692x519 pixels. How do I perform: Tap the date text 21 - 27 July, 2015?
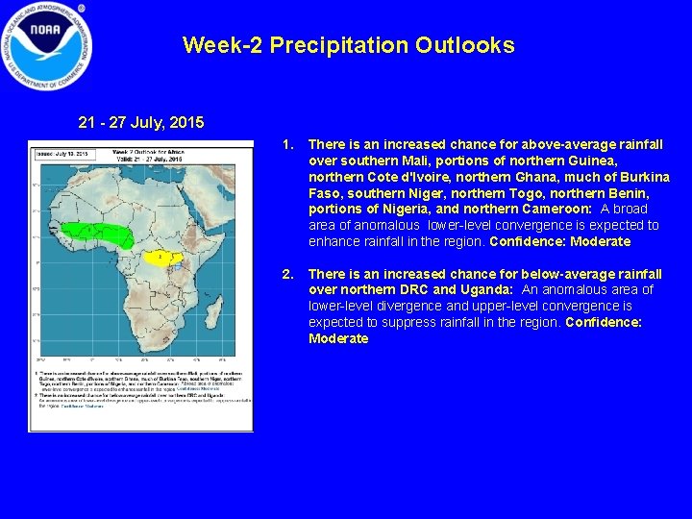[x=140, y=123]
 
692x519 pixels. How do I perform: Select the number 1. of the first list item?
[x=287, y=144]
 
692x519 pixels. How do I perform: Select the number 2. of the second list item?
[x=287, y=274]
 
